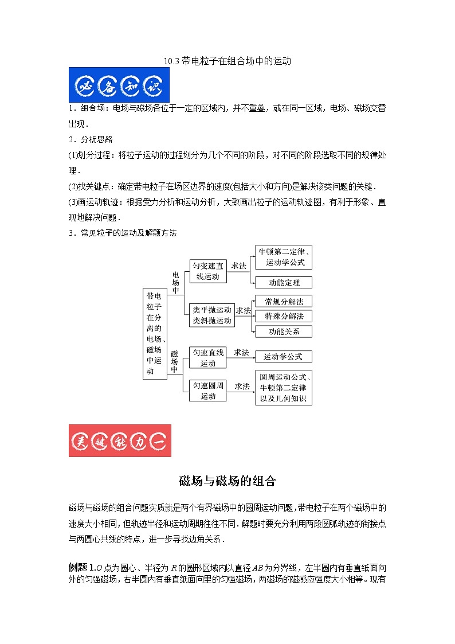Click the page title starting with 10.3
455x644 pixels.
pyautogui.click(x=227, y=61)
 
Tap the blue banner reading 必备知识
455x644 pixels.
pyautogui.click(x=119, y=85)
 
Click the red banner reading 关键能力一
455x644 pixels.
pyautogui.click(x=120, y=440)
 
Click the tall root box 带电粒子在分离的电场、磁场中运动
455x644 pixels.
pyautogui.click(x=154, y=334)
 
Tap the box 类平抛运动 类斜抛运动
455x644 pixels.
pyautogui.click(x=212, y=315)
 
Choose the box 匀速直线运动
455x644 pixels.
pyautogui.click(x=208, y=357)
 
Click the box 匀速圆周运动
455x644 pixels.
pyautogui.click(x=208, y=391)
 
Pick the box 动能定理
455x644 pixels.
pyautogui.click(x=284, y=282)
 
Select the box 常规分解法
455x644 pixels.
pyautogui.click(x=284, y=301)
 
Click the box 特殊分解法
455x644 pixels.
pyautogui.click(x=284, y=316)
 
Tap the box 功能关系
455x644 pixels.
pyautogui.click(x=284, y=331)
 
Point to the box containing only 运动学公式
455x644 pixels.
pyautogui.click(x=284, y=357)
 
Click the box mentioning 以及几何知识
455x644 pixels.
pyautogui.click(x=284, y=388)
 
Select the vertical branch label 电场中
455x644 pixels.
pyautogui.click(x=176, y=283)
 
